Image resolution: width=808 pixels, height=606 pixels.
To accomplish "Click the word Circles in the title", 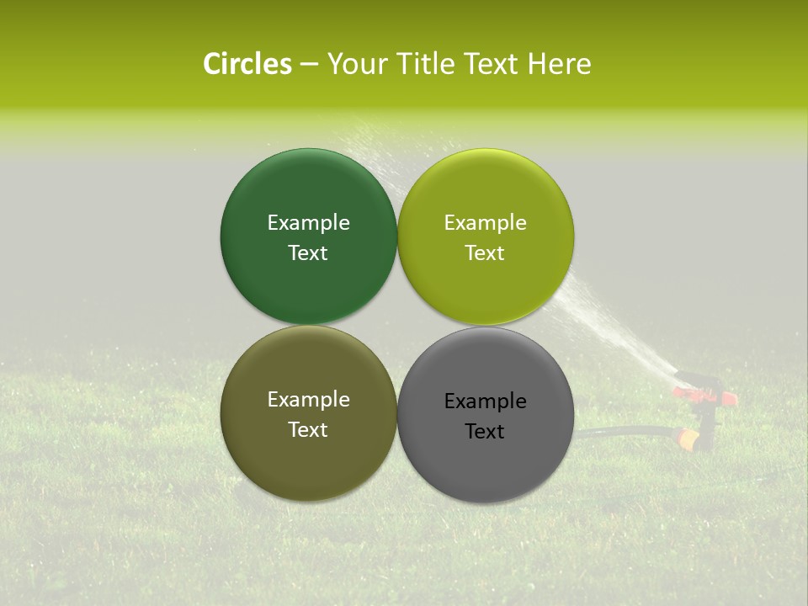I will pos(247,64).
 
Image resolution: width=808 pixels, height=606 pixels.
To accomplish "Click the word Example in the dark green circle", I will pos(308,222).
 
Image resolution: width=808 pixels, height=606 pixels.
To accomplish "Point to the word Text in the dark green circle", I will pos(308,253).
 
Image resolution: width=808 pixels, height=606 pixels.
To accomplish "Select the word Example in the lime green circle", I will pos(486,222).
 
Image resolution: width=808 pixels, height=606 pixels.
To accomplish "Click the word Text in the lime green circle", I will pos(486,253).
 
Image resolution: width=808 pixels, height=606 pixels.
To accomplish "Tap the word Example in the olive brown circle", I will pos(308,399).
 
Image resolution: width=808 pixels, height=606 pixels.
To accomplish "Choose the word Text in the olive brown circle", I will pos(308,430).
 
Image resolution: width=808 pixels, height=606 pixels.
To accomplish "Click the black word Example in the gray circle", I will pos(486,401).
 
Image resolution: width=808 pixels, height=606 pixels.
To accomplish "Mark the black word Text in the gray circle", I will pos(486,432).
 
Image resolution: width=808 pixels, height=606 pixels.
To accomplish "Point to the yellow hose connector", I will pos(687,439).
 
